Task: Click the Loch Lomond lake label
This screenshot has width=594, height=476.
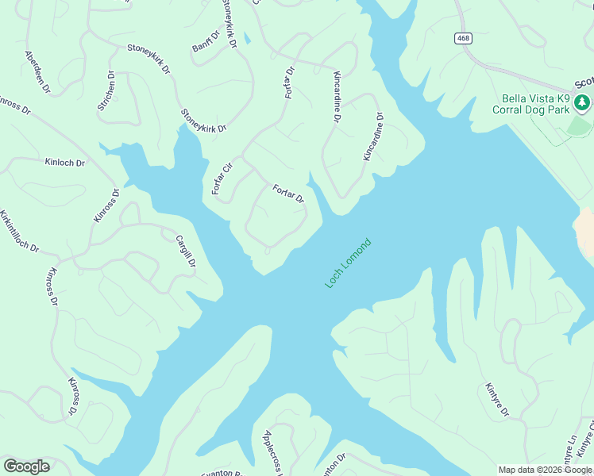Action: [348, 263]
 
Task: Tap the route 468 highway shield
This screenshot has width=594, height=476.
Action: [464, 38]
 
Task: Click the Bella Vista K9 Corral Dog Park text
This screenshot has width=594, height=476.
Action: [535, 104]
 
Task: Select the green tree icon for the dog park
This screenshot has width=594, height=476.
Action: [582, 102]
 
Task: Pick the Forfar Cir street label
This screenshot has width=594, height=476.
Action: [220, 178]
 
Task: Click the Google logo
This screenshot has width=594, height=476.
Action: [26, 466]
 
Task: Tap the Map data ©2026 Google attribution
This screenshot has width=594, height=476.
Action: [546, 470]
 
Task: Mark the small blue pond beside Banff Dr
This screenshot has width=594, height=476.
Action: [248, 37]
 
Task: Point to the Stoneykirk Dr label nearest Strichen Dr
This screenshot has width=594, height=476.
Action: [148, 58]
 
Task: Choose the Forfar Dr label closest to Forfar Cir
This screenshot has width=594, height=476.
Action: [288, 194]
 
